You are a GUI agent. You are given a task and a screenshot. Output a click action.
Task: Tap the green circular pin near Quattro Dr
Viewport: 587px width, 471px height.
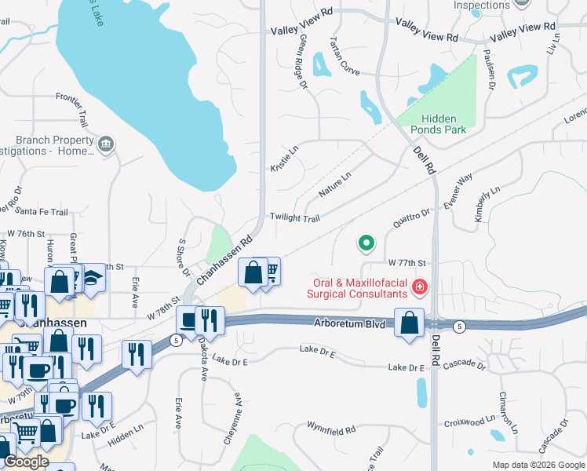pos(366,243)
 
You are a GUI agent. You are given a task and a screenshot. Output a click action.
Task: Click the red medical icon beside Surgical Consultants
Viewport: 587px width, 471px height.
pos(420,287)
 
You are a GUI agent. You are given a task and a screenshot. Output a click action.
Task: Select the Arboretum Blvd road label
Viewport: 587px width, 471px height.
pos(351,323)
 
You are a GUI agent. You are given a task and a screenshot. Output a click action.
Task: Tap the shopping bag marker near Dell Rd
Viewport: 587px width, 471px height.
pos(410,323)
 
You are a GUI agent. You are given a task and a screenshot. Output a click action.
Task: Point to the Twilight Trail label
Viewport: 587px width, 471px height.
pos(295,217)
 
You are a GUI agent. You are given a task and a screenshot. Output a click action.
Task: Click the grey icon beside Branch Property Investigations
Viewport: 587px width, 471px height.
pos(106,145)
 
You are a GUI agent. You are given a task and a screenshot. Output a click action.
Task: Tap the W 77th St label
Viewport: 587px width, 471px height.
pos(407,262)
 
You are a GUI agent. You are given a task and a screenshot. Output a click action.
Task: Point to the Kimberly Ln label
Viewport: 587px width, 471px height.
pos(487,203)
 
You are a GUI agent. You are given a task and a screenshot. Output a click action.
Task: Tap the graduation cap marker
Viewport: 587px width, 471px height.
pos(93,278)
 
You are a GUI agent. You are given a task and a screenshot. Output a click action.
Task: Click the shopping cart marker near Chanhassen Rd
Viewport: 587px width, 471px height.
pos(271,271)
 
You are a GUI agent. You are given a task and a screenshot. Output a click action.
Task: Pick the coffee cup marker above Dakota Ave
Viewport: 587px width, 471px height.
pos(189,320)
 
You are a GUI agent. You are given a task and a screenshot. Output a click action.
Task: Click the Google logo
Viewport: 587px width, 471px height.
pos(27,462)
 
